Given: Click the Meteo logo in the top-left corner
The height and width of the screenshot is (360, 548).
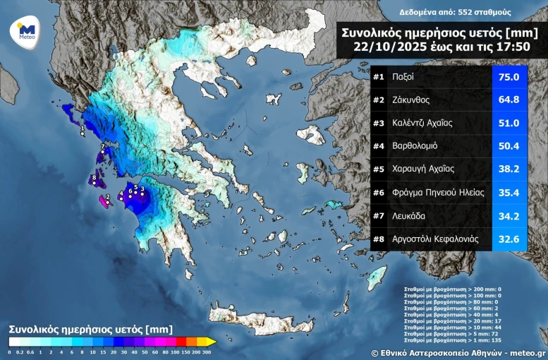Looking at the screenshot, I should pyautogui.click(x=26, y=31).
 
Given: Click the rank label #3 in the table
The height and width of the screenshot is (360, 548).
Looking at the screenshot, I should pyautogui.click(x=379, y=123).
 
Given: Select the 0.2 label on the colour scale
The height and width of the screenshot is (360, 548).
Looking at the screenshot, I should pyautogui.click(x=19, y=351).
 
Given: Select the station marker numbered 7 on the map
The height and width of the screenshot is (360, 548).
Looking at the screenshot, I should pyautogui.click(x=102, y=149).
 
